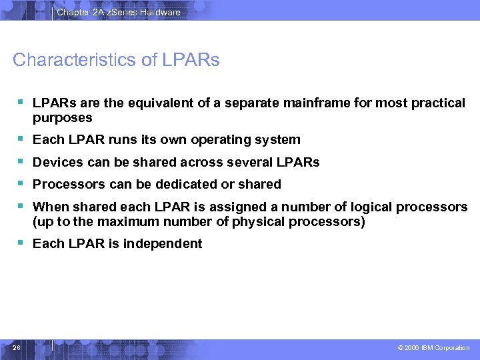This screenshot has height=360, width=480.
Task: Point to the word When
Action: [x=51, y=207]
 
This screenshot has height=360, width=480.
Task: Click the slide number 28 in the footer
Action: [x=17, y=347]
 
